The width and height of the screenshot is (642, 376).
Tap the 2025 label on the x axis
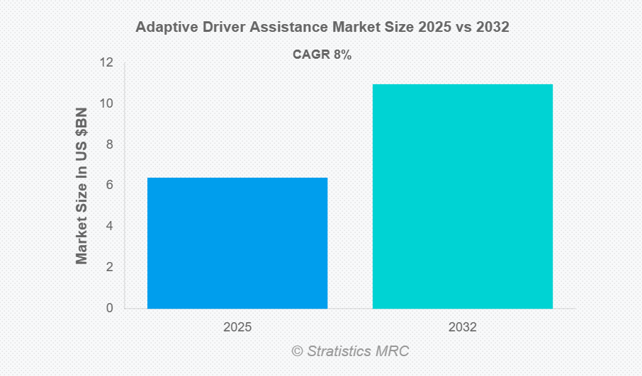237,328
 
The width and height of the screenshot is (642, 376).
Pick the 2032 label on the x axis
463,328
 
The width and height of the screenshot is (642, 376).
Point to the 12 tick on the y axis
106,63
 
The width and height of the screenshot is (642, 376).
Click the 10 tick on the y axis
106,103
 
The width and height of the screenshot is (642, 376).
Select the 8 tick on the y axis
109,144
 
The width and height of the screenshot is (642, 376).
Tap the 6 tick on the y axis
109,186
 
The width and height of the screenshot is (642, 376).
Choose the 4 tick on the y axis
109,227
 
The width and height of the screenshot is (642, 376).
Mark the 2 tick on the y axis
109,267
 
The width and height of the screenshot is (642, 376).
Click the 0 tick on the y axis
109,308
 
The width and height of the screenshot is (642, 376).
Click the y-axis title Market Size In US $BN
82,186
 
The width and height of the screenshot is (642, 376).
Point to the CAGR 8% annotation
322,55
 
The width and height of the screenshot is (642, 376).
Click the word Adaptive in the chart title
162,28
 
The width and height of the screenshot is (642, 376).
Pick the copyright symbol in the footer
297,351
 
